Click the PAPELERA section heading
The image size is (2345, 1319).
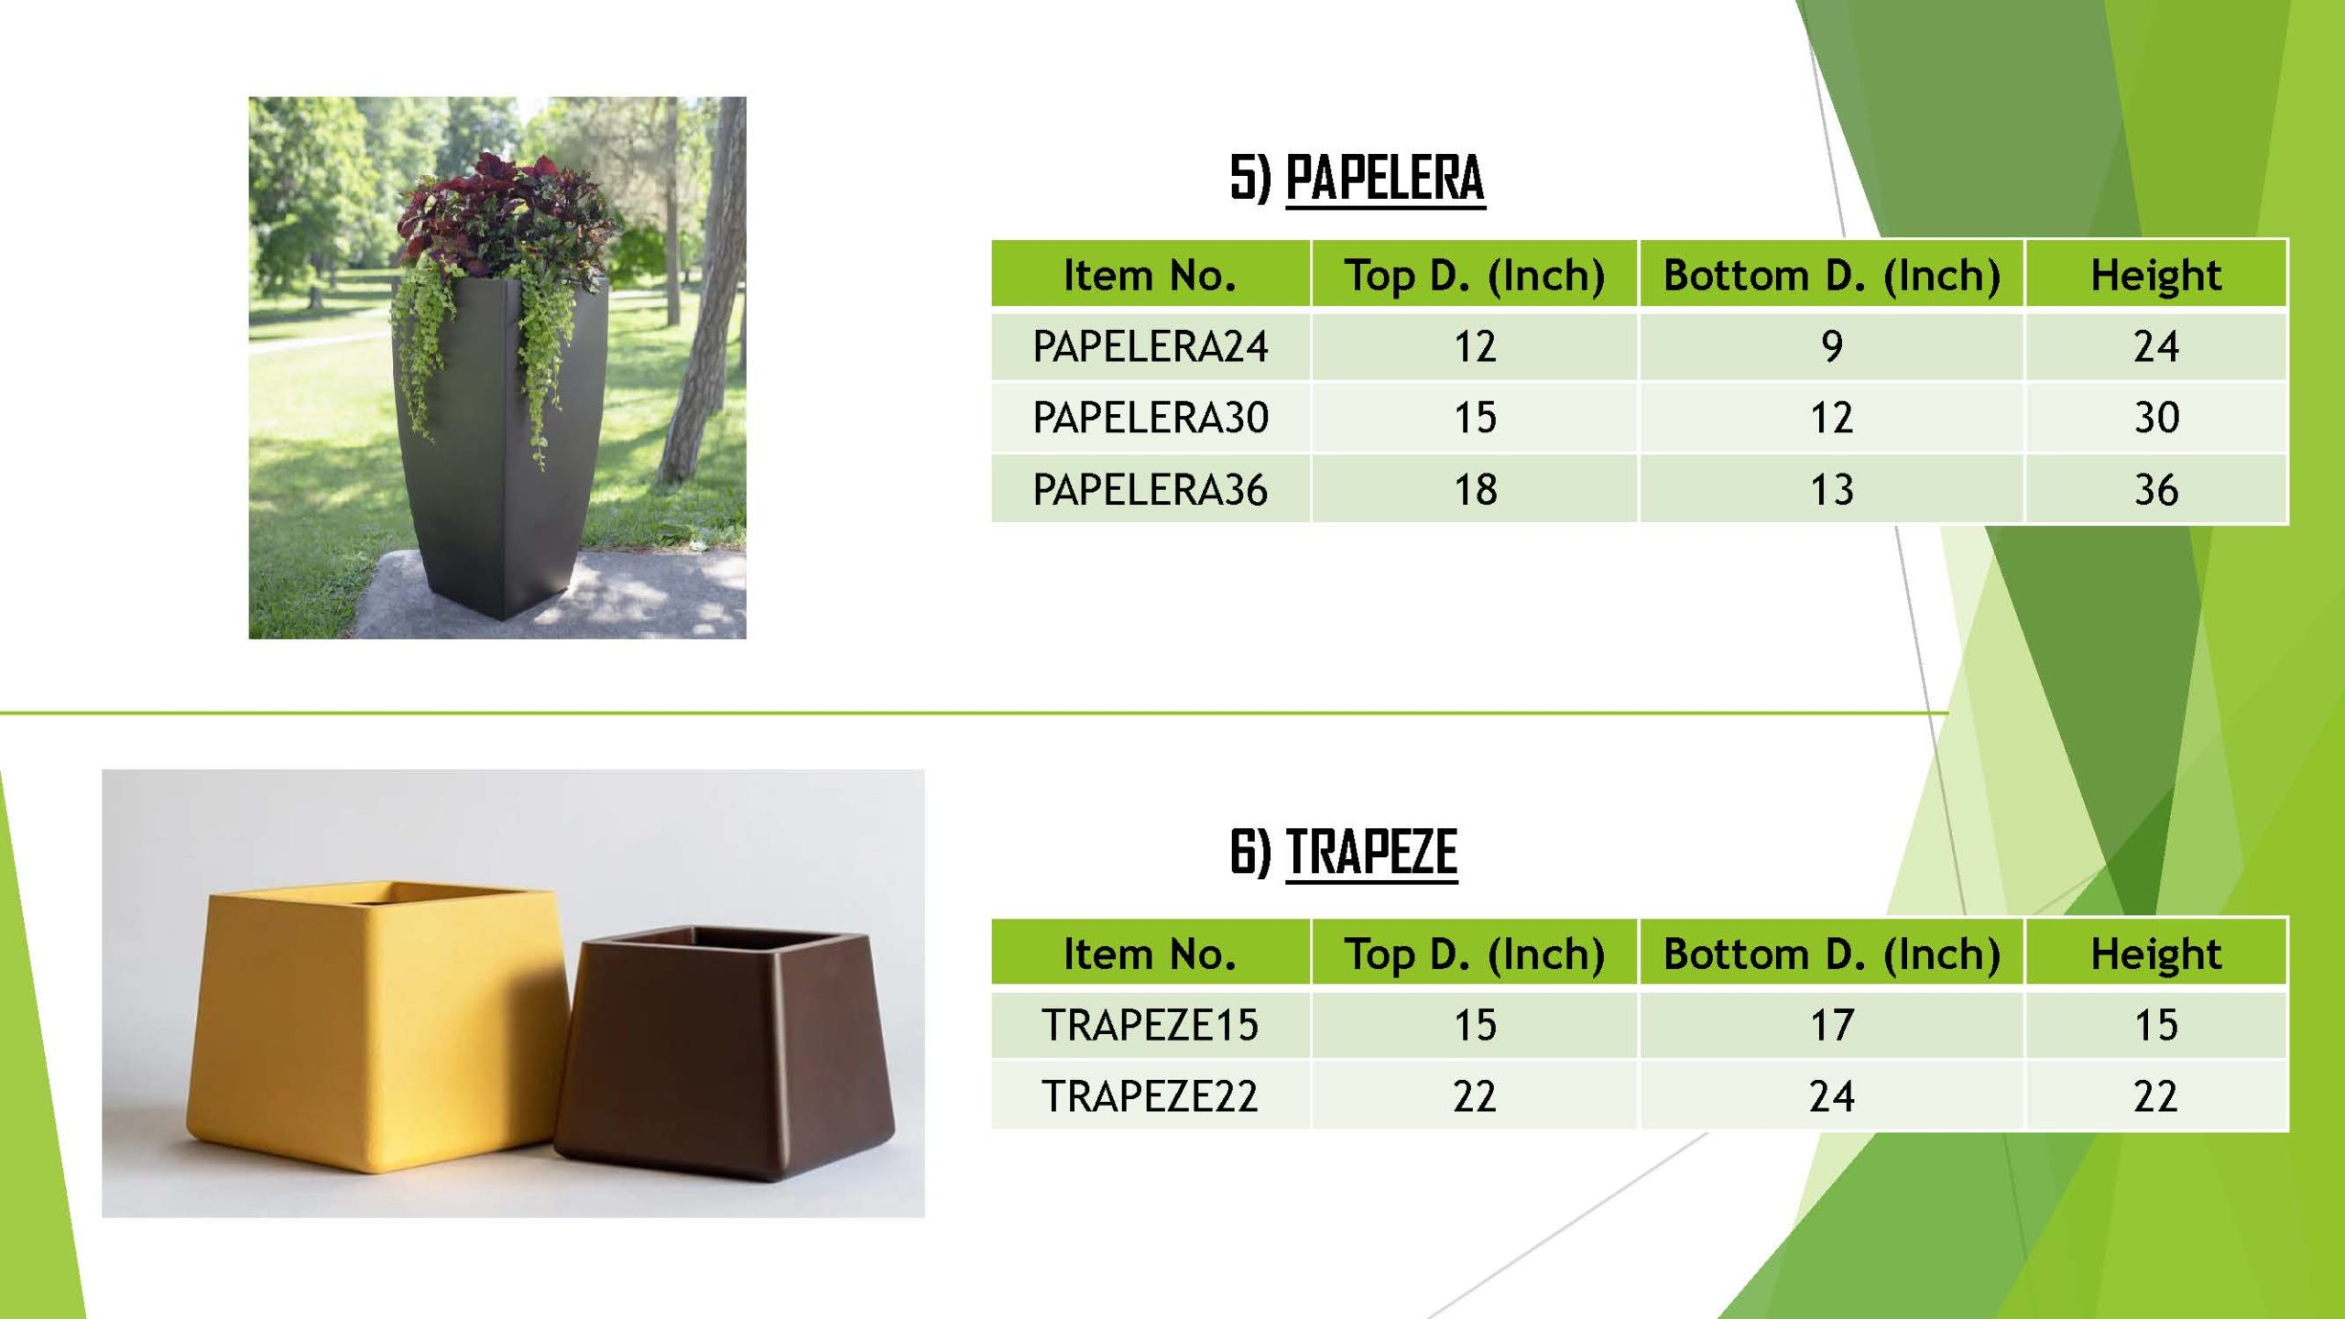click(1357, 178)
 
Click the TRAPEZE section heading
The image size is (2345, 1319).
click(1344, 852)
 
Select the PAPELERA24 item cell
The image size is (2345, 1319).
click(1151, 346)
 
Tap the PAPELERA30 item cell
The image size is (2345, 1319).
click(1151, 418)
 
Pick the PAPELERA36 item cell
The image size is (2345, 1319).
click(1151, 489)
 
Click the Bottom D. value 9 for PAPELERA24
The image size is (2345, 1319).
click(1831, 346)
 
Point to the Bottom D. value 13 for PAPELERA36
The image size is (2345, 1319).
click(1831, 489)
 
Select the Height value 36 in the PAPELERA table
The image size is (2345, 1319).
click(2156, 489)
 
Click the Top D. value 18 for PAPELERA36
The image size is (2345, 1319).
click(1475, 489)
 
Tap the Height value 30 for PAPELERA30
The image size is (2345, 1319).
click(2156, 418)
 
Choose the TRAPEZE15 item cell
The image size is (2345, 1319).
click(1151, 1024)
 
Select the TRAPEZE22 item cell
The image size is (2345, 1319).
click(1151, 1096)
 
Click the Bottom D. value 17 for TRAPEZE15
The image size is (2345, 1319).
click(1831, 1024)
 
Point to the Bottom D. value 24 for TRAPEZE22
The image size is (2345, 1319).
click(1831, 1096)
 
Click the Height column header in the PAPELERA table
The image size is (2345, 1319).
click(2156, 275)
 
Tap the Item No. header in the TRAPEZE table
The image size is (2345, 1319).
click(1150, 954)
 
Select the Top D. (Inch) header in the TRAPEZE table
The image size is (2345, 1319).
click(1475, 954)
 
